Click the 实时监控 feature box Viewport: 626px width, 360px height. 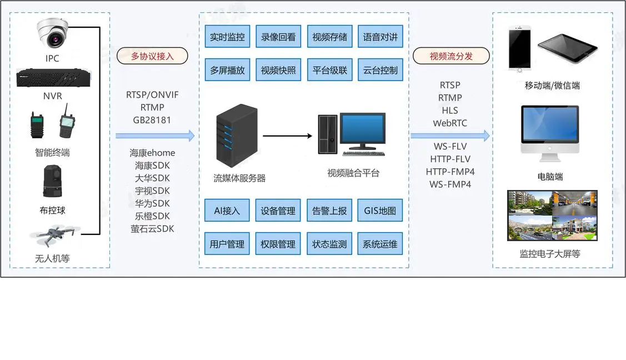pos(227,37)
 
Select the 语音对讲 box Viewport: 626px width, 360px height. pos(380,37)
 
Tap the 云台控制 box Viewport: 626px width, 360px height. pos(380,71)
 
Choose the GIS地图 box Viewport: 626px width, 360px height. pos(380,211)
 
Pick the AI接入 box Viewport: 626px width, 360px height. pos(227,211)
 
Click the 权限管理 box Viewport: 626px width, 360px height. pos(278,244)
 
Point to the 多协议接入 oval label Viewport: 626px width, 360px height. pos(152,56)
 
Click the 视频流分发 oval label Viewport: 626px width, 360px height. pos(451,56)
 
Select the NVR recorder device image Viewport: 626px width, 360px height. pos(53,78)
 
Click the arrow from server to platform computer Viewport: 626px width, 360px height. pos(287,136)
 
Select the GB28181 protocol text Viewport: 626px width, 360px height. pos(152,120)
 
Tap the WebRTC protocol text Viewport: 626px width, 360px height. pos(450,123)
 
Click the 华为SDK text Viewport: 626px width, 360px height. pos(152,203)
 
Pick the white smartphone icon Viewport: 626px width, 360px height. pos(520,49)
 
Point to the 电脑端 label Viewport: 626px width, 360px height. pos(550,177)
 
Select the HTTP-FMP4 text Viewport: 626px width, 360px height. pos(450,172)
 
